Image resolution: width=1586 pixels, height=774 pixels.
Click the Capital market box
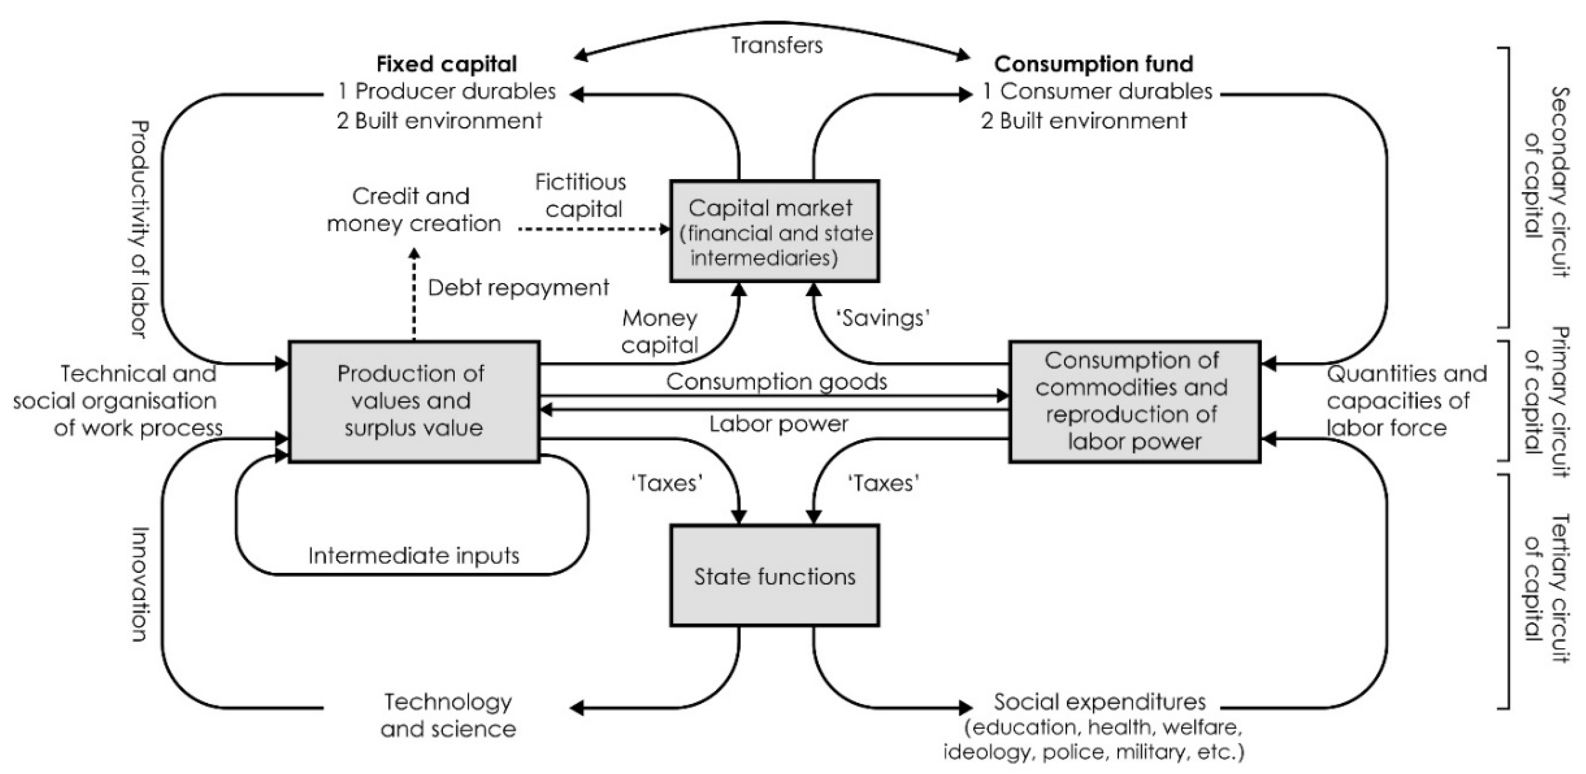coord(775,231)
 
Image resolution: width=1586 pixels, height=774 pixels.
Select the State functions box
coord(775,576)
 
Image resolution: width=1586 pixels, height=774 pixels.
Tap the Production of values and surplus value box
coord(414,401)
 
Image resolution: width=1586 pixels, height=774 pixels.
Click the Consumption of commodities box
coord(1134,401)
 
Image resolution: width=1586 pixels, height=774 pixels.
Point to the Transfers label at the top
coord(776,45)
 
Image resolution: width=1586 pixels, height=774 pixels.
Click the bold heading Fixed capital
coord(446,64)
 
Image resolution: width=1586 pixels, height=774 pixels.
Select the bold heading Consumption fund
coord(1093,64)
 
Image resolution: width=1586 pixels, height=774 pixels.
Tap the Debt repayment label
coord(518,287)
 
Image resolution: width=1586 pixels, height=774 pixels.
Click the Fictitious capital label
coord(581,196)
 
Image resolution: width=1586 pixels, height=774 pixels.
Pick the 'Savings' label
coord(882,318)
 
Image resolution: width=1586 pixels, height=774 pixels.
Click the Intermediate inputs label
coord(413,556)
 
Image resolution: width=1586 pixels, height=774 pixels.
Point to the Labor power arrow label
coord(778,424)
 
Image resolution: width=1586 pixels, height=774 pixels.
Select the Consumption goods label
coord(776,382)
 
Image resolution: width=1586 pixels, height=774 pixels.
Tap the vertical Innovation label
coord(140,584)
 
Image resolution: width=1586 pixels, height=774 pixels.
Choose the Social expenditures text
coord(1100,702)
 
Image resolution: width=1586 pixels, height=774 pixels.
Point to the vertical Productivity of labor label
coord(140,229)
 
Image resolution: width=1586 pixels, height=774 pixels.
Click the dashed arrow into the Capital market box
coord(594,229)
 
